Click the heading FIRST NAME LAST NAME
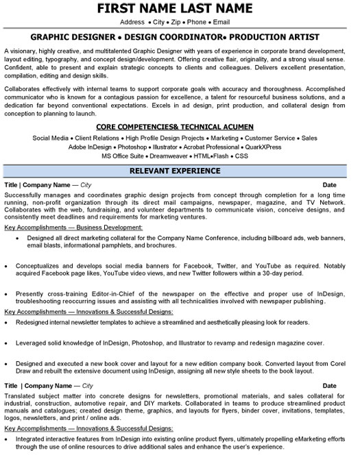pos(180,9)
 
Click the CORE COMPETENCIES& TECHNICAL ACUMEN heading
pos(180,127)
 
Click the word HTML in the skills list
pos(213,156)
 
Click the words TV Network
pos(325,204)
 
